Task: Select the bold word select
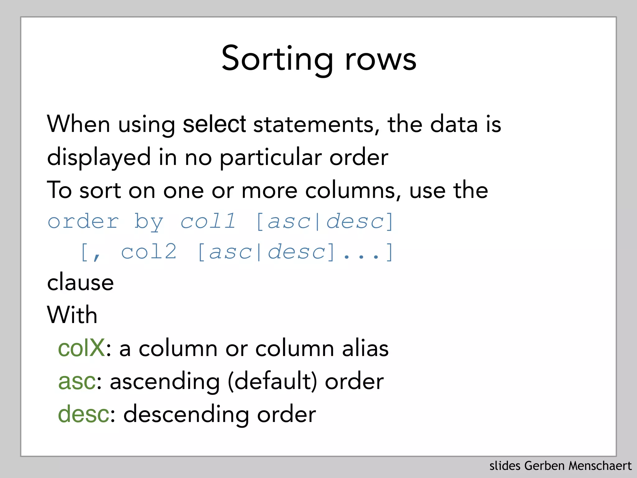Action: [214, 124]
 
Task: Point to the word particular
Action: [271, 157]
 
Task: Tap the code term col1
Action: [208, 221]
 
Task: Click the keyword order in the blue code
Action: [83, 221]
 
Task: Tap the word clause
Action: [80, 282]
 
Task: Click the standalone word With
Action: [72, 315]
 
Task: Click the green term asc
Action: [77, 382]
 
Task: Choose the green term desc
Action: [83, 414]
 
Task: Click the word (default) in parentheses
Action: [272, 382]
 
